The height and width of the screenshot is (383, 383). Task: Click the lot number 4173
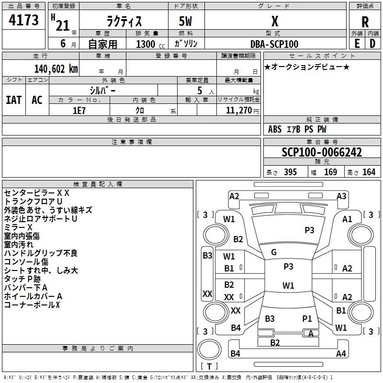point(23,20)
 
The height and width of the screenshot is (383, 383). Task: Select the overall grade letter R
point(365,22)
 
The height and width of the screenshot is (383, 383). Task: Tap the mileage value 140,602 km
point(56,69)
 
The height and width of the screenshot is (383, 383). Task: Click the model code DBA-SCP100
point(274,44)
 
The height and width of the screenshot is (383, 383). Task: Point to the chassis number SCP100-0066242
point(322,152)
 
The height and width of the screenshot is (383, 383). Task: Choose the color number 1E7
point(79,111)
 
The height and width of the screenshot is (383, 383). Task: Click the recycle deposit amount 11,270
point(239,111)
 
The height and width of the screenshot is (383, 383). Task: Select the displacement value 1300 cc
point(150,44)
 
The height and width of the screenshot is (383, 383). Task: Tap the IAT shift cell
point(14,100)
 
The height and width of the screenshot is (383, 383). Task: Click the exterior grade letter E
point(357,44)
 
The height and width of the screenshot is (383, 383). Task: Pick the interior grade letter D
point(372,44)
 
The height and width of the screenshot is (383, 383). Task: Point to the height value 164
point(369,172)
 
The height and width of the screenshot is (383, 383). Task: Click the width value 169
point(330,172)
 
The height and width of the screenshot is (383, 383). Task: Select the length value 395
point(290,172)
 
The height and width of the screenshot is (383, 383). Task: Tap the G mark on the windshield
point(274,252)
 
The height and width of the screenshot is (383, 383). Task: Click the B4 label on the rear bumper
point(235,353)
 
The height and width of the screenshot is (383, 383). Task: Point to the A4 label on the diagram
point(341,353)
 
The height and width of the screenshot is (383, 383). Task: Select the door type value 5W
point(185,21)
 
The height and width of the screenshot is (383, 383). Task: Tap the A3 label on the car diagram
point(341,196)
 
